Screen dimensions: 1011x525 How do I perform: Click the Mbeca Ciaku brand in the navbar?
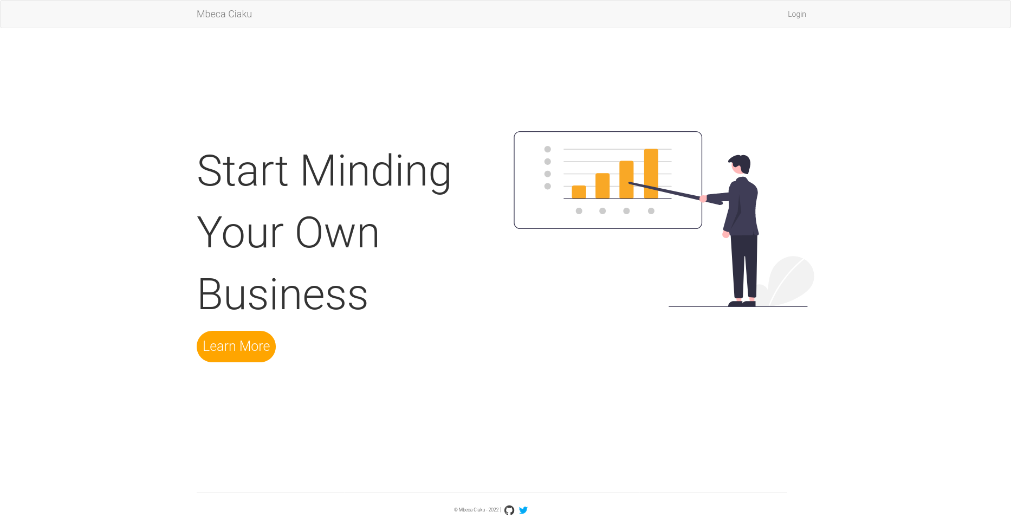tap(224, 14)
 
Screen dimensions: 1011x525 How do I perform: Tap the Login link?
tap(796, 14)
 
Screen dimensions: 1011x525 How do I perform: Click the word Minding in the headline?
tap(375, 171)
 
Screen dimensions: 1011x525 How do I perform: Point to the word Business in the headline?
tap(283, 294)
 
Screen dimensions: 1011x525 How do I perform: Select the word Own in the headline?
tap(337, 233)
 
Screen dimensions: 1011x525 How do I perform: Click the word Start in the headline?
tap(242, 171)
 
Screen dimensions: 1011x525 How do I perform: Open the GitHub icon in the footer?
tap(509, 510)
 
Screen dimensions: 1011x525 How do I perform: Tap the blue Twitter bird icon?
tap(523, 510)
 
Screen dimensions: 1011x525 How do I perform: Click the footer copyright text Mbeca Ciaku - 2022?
tap(476, 510)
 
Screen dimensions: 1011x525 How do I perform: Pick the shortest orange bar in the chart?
tap(579, 192)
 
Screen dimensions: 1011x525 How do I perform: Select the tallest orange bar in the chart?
tap(651, 174)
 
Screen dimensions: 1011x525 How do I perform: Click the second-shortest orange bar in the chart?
tap(602, 186)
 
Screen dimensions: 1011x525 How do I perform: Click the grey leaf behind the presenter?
tap(790, 280)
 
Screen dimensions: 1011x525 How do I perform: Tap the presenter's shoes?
tap(742, 303)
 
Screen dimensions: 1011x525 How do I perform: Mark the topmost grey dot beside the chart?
tap(548, 149)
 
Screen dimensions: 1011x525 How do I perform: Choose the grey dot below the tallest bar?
tap(651, 211)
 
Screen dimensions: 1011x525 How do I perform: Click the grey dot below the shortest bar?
tap(579, 211)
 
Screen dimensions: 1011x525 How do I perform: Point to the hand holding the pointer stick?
tap(703, 199)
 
